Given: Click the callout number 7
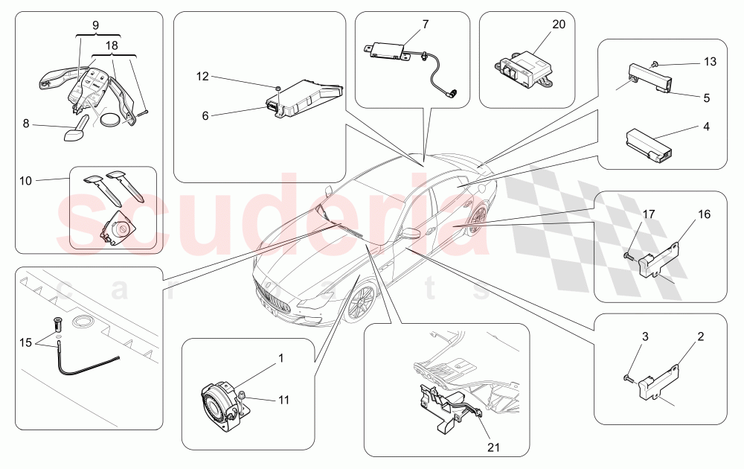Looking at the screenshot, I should (x=426, y=25).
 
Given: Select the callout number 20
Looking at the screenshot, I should (x=559, y=25).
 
